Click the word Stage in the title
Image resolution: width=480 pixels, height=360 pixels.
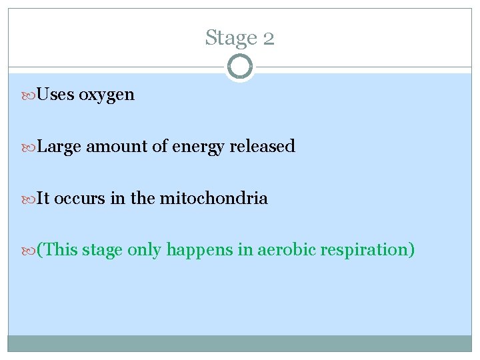pos(227,38)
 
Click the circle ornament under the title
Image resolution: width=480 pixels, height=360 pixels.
pos(239,67)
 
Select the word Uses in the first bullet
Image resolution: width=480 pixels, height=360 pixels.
pos(56,95)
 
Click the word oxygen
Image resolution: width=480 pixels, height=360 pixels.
pos(107,95)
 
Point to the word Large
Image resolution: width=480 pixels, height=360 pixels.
pos(59,147)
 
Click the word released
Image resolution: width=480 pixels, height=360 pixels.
pos(262,146)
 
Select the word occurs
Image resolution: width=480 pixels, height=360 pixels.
pos(77,198)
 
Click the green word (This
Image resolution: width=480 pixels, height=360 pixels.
pos(58,250)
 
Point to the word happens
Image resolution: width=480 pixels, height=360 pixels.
pos(195,251)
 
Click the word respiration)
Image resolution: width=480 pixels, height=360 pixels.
pos(368,251)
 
